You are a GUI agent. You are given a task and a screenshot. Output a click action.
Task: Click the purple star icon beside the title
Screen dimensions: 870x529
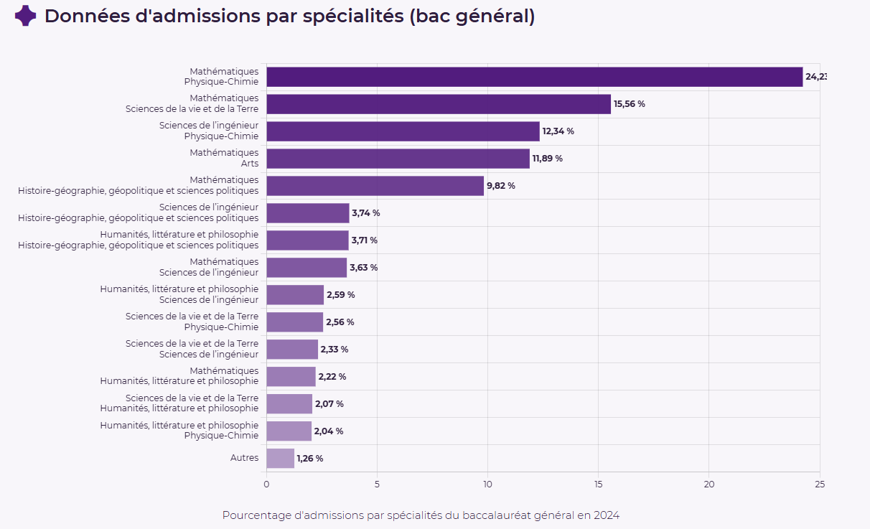point(26,16)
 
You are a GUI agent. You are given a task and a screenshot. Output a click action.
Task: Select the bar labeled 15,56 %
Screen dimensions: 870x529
point(439,104)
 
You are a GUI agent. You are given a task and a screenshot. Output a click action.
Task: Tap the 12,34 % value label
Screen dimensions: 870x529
point(558,131)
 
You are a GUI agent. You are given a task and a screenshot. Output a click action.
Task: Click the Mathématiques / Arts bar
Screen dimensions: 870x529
point(398,159)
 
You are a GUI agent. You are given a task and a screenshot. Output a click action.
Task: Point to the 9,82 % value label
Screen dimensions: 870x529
point(501,186)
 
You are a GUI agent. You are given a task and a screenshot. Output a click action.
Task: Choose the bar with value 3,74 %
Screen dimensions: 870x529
point(308,213)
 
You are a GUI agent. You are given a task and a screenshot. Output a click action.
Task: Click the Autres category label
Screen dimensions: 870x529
point(244,457)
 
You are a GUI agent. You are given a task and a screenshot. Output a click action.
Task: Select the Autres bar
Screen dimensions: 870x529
point(281,459)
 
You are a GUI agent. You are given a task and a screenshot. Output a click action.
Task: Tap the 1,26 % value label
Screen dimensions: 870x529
point(310,459)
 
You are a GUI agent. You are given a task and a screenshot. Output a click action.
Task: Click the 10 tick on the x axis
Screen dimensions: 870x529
point(487,484)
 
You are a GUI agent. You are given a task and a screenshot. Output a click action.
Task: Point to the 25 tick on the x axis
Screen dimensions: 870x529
point(820,484)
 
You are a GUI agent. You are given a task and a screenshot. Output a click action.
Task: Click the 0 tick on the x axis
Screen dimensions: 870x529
point(266,484)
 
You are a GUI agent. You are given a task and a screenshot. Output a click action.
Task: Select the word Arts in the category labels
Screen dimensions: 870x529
point(250,164)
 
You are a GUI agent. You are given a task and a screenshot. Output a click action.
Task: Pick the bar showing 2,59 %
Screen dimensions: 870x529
point(295,295)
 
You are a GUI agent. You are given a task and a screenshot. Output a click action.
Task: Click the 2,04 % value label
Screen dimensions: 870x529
point(329,431)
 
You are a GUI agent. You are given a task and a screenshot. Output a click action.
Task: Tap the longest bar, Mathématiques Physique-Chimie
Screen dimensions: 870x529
point(535,77)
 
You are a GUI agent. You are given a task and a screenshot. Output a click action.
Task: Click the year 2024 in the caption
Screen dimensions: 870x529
point(607,515)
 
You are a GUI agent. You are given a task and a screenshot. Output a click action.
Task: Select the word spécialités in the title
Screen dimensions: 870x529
point(353,17)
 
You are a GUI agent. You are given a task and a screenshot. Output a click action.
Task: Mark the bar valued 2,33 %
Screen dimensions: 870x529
point(292,349)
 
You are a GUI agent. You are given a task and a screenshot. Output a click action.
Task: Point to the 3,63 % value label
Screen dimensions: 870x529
point(363,268)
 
